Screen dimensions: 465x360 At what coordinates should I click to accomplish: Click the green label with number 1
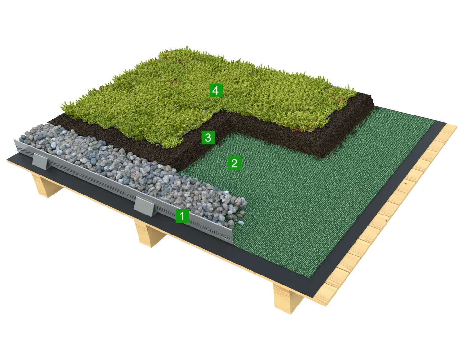pyautogui.click(x=182, y=216)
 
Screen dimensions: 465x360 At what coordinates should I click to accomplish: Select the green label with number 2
pyautogui.click(x=234, y=163)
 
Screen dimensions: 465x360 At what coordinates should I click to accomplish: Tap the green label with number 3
pyautogui.click(x=208, y=137)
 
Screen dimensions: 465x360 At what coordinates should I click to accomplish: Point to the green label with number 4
pyautogui.click(x=216, y=90)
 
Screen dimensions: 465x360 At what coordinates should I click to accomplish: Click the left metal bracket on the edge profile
pyautogui.click(x=40, y=161)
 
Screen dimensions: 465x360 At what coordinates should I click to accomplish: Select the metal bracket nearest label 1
pyautogui.click(x=144, y=207)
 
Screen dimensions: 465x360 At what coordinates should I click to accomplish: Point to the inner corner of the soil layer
pyautogui.click(x=230, y=133)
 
